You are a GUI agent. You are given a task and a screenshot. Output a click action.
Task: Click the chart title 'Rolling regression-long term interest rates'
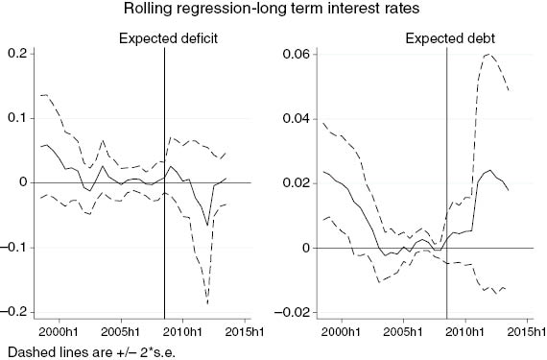coord(273,12)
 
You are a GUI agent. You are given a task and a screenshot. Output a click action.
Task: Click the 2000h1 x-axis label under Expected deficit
coord(64,331)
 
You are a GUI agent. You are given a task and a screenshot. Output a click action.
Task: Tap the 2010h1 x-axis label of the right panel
coord(469,331)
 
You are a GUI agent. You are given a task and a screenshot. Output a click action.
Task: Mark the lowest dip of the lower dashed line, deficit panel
coord(208,303)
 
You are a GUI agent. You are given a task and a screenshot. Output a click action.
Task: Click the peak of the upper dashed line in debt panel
coord(489,55)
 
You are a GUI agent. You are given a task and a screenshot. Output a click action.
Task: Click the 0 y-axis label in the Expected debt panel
coord(302,248)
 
